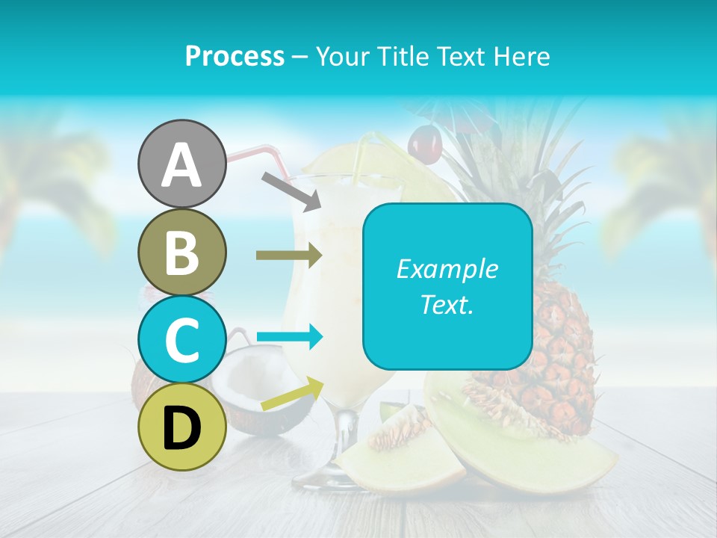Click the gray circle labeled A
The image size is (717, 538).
tap(181, 164)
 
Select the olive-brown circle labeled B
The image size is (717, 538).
tap(181, 253)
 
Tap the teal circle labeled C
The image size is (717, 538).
tap(181, 339)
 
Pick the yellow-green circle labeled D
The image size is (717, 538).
tap(181, 427)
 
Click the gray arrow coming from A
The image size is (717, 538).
tap(291, 190)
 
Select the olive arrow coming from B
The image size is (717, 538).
tap(288, 255)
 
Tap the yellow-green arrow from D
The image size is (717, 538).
tap(292, 394)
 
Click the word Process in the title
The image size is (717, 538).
tap(235, 56)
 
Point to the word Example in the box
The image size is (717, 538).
tap(447, 269)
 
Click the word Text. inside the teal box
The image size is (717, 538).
tap(447, 304)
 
